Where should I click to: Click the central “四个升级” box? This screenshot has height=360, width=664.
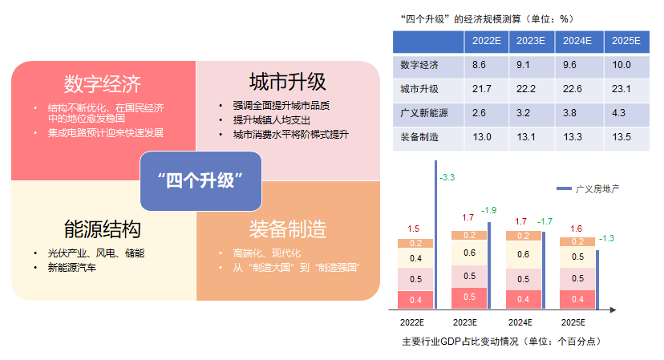200,181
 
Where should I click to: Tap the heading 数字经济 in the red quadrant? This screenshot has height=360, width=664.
103,84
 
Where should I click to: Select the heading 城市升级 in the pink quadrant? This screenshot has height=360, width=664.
288,82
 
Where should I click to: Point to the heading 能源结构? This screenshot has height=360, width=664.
103,229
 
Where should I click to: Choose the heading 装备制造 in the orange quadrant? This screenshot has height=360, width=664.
288,229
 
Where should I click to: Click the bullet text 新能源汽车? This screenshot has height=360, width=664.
72,268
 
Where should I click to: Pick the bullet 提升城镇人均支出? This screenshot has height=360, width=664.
271,120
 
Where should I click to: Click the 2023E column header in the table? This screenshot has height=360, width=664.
531,41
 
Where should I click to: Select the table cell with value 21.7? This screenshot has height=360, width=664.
482,89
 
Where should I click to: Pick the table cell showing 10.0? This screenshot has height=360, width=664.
621,65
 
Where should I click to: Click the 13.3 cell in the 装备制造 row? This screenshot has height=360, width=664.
573,137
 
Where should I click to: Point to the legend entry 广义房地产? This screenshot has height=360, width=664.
588,189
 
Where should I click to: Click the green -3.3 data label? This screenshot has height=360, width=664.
447,177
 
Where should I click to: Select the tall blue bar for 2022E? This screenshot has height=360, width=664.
435,235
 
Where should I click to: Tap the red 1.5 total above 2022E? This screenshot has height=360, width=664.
413,229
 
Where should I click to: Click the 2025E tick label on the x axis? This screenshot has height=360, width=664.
573,323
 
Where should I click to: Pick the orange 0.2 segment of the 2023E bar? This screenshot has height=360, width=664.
469,236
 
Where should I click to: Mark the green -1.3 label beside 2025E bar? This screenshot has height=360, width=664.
606,238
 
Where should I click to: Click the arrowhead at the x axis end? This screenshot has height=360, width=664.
613,310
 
